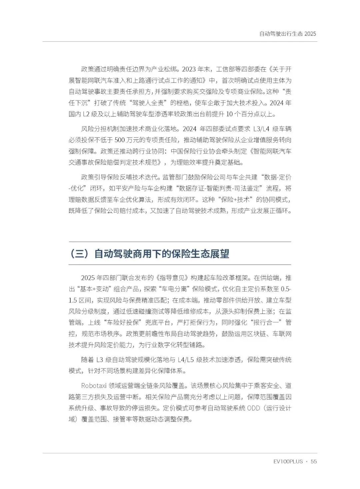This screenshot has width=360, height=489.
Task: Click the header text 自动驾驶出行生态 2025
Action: click(287, 34)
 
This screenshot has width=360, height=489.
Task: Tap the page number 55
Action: click(313, 462)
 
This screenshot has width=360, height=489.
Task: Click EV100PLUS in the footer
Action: click(288, 462)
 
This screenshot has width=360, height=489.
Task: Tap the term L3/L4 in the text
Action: click(259, 129)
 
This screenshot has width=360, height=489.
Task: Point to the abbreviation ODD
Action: click(254, 408)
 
